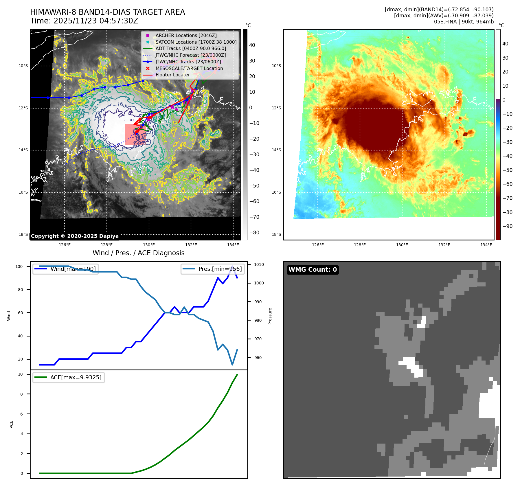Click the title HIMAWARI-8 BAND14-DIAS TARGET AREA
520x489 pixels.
click(108, 12)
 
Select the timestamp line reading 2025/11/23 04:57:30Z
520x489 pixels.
click(96, 21)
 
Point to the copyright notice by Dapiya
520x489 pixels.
click(75, 236)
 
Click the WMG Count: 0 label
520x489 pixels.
click(313, 270)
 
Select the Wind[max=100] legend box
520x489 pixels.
click(65, 269)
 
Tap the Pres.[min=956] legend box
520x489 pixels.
click(213, 269)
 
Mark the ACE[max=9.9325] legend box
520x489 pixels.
click(69, 377)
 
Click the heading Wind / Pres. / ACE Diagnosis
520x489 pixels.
click(139, 253)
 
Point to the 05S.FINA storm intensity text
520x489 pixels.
click(464, 22)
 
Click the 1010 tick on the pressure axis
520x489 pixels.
click(259, 264)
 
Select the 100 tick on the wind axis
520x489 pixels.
click(19, 266)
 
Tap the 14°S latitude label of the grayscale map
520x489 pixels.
click(23, 150)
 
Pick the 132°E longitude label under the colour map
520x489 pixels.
click(444, 245)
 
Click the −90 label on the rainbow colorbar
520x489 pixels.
click(508, 226)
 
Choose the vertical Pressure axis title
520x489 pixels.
click(270, 316)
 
